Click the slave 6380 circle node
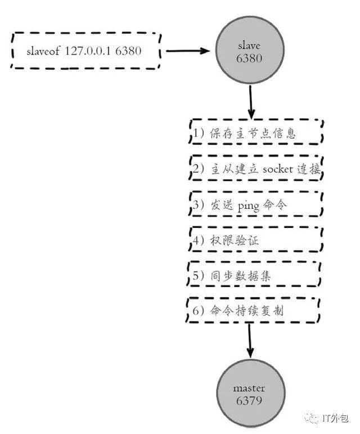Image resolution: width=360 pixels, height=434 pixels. (250, 50)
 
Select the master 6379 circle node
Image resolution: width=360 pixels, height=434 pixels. (250, 394)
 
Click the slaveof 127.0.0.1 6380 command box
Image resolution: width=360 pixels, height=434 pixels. (86, 51)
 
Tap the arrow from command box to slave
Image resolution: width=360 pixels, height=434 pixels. (188, 51)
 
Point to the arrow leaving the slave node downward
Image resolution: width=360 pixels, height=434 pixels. (251, 102)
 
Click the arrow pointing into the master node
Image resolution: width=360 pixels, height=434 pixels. (250, 341)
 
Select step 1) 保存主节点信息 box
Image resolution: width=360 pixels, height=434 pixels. (256, 132)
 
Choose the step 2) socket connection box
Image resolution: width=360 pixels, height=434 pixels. (256, 168)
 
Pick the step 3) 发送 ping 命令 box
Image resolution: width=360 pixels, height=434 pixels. (256, 204)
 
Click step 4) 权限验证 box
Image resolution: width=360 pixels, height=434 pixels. (256, 239)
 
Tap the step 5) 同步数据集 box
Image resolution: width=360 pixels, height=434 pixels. (254, 274)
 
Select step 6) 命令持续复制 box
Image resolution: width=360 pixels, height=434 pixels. (253, 310)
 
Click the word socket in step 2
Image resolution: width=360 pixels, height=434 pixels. (278, 168)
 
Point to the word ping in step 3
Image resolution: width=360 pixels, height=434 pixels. (249, 206)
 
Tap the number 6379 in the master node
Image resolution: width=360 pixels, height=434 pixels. (249, 401)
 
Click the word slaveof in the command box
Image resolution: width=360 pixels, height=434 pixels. (43, 51)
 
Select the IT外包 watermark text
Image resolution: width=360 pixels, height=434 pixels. (335, 418)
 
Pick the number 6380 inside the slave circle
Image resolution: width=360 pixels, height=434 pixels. (249, 58)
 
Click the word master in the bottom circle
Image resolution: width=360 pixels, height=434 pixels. (249, 388)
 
